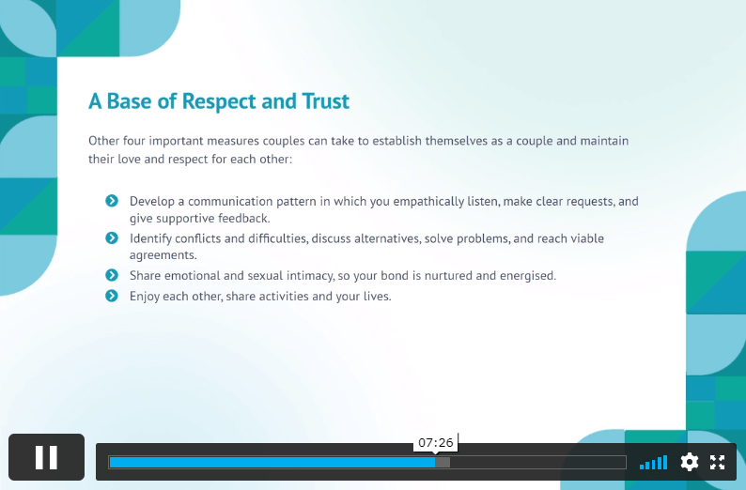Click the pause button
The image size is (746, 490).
46,457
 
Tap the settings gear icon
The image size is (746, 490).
690,462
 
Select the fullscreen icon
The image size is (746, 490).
717,462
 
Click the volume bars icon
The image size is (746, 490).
653,463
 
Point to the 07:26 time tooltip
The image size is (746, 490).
435,443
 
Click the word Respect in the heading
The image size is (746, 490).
219,101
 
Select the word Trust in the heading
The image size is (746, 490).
326,101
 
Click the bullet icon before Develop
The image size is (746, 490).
112,201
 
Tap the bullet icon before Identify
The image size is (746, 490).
112,237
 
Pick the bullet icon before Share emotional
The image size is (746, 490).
112,275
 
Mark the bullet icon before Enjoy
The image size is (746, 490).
112,296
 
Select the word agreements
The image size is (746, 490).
163,255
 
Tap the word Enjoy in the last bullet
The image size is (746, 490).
145,297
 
